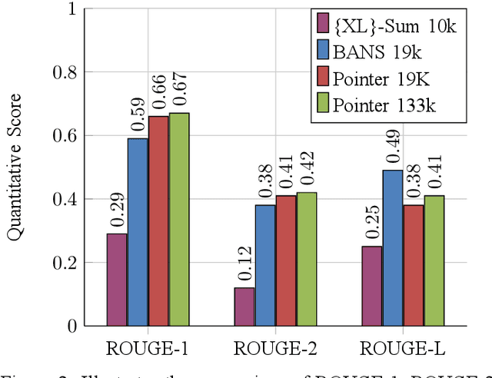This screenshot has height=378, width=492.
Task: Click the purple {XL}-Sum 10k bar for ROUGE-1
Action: pyautogui.click(x=117, y=280)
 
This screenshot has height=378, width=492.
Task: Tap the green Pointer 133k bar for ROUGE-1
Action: pyautogui.click(x=179, y=220)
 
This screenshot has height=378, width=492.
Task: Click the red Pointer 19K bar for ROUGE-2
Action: pyautogui.click(x=286, y=260)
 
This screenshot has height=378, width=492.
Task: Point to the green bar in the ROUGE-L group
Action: pyautogui.click(x=434, y=260)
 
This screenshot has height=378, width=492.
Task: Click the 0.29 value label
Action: pyautogui.click(x=117, y=213)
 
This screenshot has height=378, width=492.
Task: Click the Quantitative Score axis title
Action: pyautogui.click(x=15, y=167)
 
